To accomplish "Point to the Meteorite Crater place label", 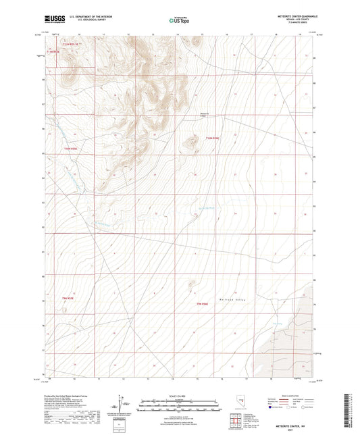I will coord(207,114).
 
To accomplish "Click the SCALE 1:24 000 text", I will coord(179,396).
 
